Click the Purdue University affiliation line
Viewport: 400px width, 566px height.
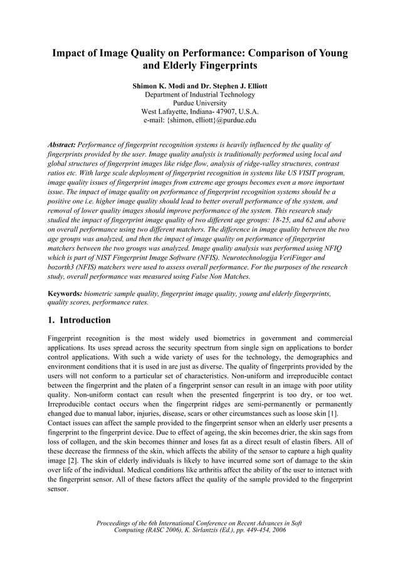point(199,103)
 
